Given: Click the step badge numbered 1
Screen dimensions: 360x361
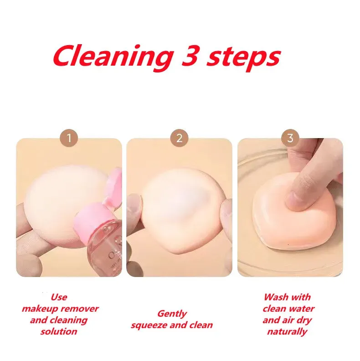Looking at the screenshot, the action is (69, 138).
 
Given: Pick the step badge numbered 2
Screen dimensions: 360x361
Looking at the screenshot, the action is (179, 138).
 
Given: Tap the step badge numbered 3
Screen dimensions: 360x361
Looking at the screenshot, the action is (290, 138).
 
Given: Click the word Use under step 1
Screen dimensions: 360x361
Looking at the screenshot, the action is (59, 297).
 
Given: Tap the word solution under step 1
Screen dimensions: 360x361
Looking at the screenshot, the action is (59, 331).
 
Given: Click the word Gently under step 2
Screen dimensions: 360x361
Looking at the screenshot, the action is (172, 314).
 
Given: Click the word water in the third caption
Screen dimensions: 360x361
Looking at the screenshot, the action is (302, 309).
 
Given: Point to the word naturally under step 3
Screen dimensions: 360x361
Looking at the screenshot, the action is (287, 332).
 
